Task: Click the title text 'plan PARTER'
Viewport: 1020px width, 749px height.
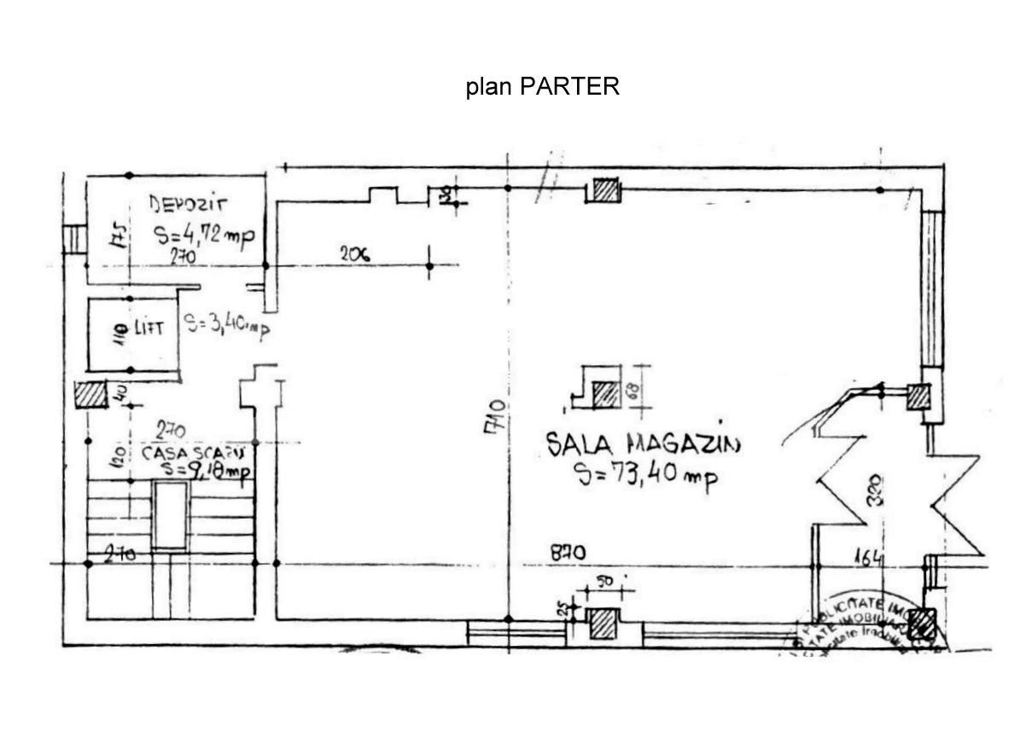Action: coord(542,87)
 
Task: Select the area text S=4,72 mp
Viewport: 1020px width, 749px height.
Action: coord(204,235)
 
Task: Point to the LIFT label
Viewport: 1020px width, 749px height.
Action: coord(147,328)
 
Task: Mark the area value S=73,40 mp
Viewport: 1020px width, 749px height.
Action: coord(645,475)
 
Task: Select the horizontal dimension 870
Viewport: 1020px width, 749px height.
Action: coord(567,553)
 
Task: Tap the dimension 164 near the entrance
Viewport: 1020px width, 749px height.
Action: coord(869,559)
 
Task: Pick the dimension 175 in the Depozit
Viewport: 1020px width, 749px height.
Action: coord(119,234)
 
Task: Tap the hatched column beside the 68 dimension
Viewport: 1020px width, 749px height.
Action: coord(605,394)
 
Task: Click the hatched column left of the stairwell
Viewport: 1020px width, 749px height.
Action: coord(88,395)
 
